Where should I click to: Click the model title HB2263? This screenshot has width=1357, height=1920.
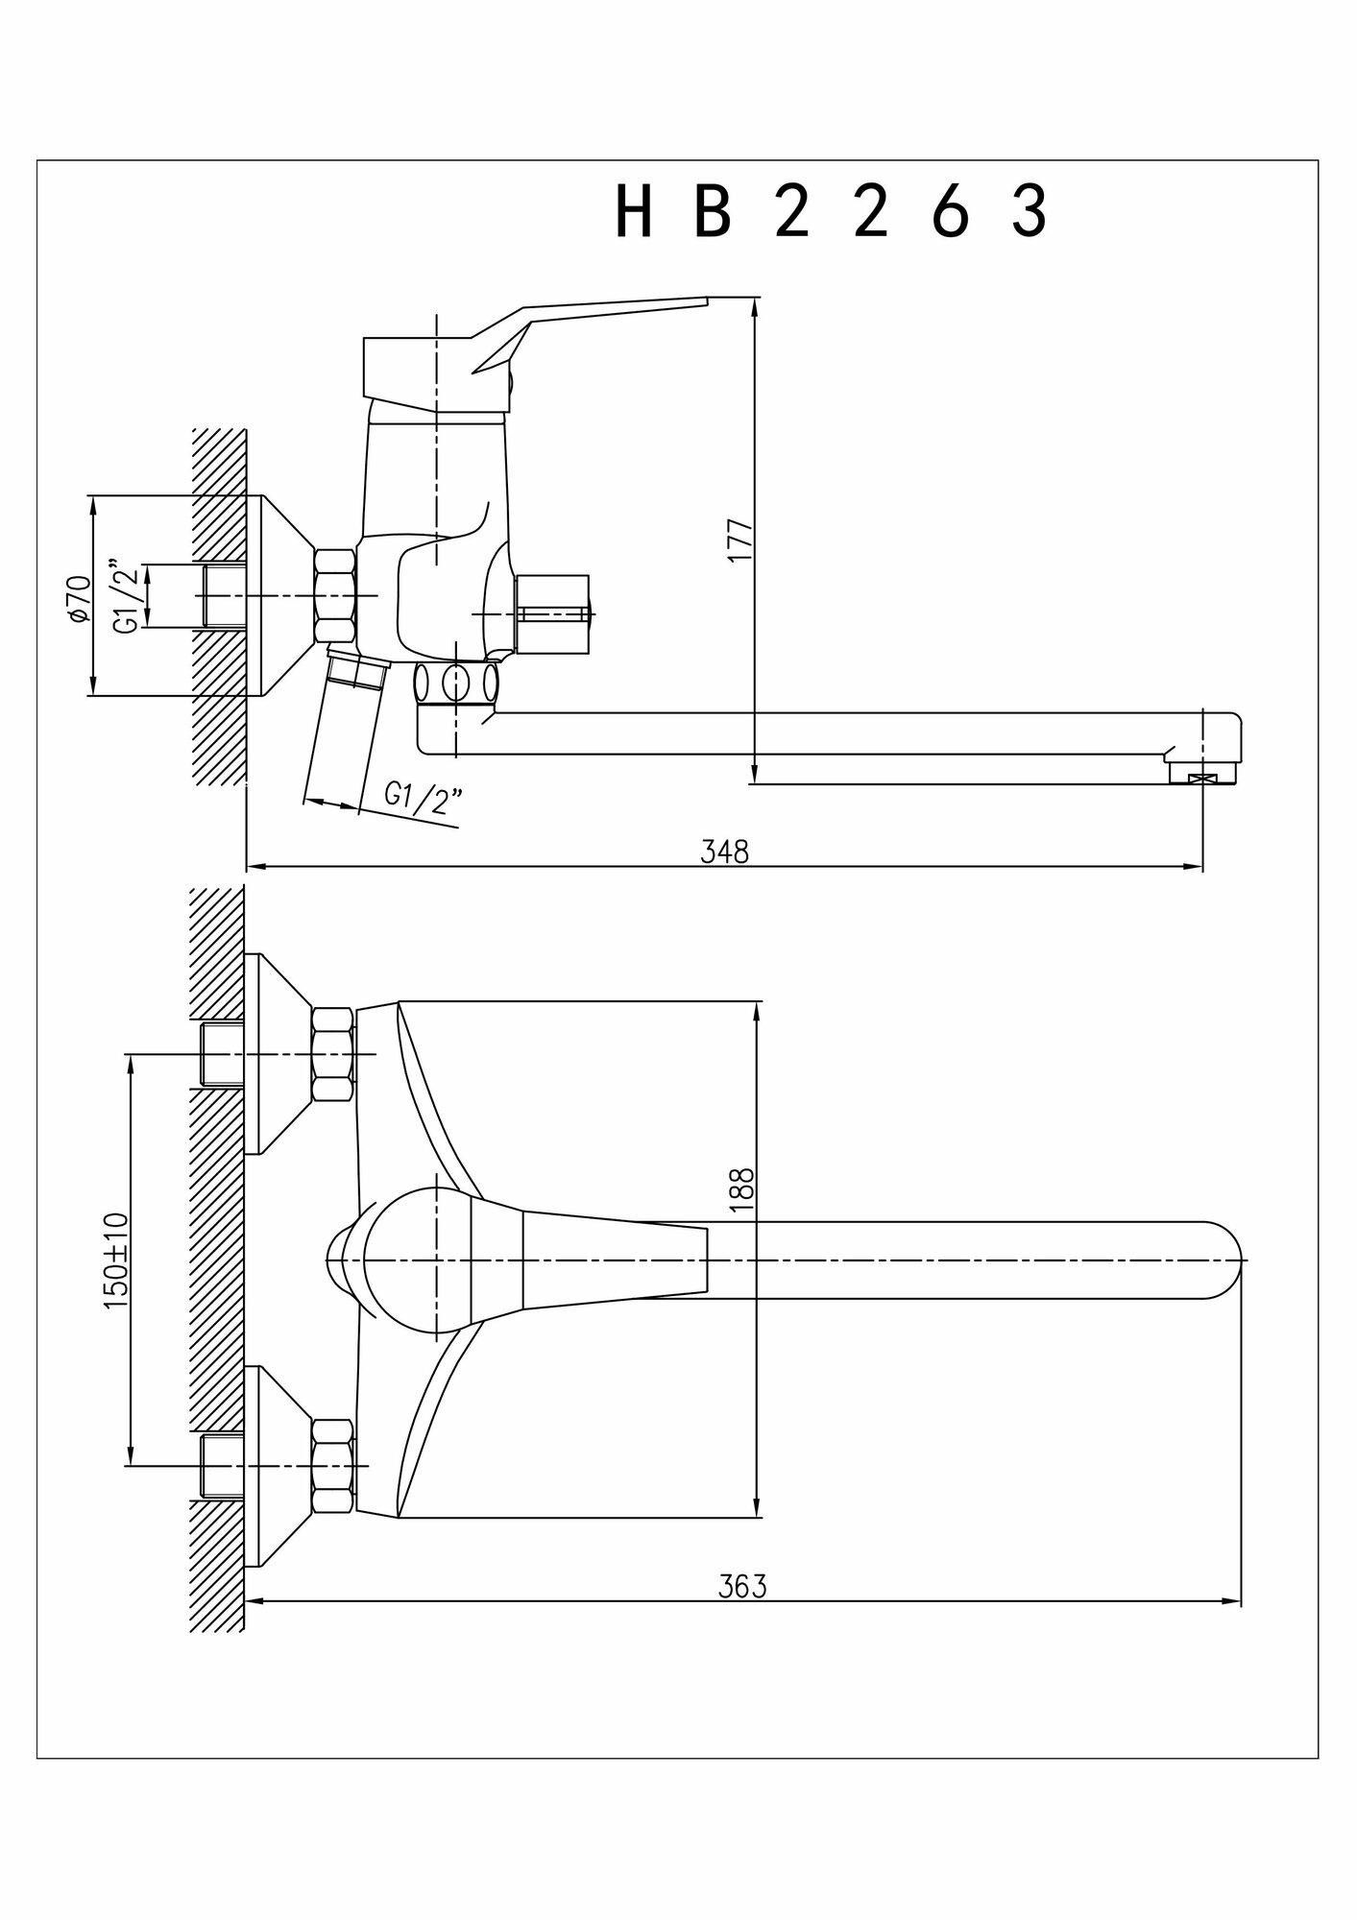point(831,212)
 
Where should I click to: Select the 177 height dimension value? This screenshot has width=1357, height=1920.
point(739,541)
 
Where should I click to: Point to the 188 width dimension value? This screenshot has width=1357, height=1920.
point(742,1190)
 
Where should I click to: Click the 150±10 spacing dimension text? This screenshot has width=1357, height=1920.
point(115,1260)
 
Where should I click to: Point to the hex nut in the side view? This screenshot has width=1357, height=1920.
point(334,595)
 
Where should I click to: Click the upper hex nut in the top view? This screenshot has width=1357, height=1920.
point(332,1054)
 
